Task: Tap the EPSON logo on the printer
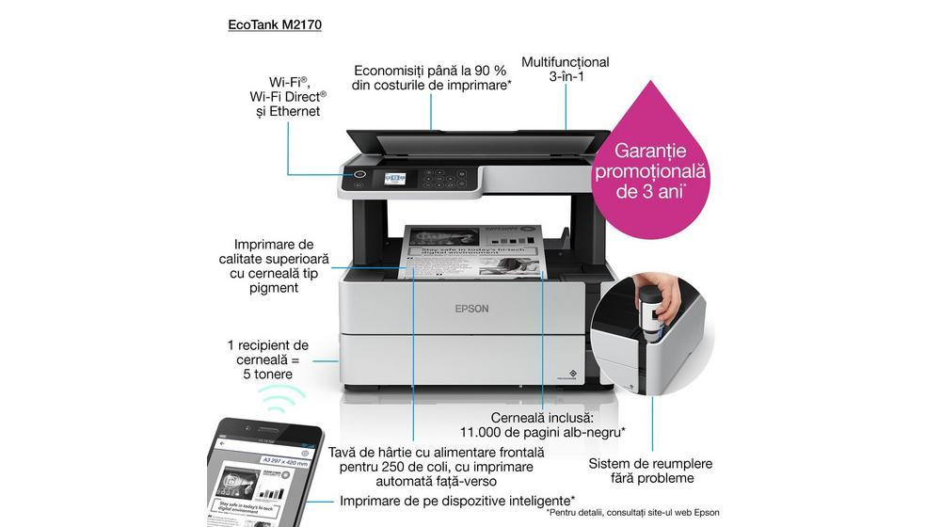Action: click(471, 308)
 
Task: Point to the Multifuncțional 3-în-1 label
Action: click(566, 70)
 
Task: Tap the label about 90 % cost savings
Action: click(432, 77)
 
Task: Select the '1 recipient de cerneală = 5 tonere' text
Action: click(267, 359)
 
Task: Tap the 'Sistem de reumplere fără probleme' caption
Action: click(649, 471)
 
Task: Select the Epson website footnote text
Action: click(632, 513)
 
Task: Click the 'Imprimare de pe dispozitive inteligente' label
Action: click(457, 500)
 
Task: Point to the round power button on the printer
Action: click(359, 174)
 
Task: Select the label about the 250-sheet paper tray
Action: click(432, 467)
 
